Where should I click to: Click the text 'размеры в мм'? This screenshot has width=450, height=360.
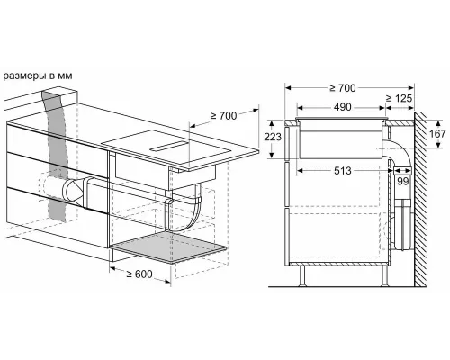click(39, 76)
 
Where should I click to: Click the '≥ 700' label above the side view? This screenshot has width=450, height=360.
click(343, 88)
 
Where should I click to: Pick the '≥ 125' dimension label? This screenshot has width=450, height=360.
click(400, 96)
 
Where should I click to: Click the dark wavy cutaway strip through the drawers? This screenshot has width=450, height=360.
click(57, 162)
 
